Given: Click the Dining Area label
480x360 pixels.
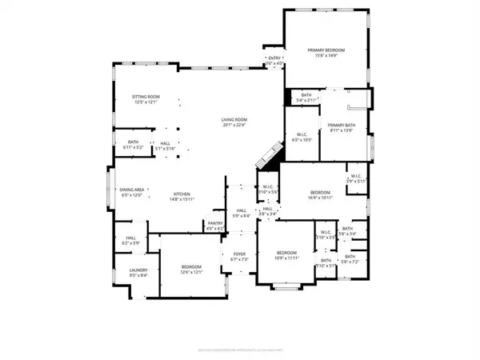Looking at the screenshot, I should pos(131,190).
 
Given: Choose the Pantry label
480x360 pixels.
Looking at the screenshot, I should pos(214,223).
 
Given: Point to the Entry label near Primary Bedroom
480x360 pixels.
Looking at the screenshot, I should pos(275,58).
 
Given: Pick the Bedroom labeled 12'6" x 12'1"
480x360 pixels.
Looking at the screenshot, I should pos(191,266).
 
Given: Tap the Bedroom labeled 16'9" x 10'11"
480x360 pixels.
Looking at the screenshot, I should pos(320,193).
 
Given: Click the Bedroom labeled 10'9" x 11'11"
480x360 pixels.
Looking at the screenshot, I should pos(286,253).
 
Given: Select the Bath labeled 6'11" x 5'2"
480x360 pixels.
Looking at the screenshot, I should pos(133,142).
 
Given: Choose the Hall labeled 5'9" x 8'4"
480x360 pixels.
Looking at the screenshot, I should pos(242,212).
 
